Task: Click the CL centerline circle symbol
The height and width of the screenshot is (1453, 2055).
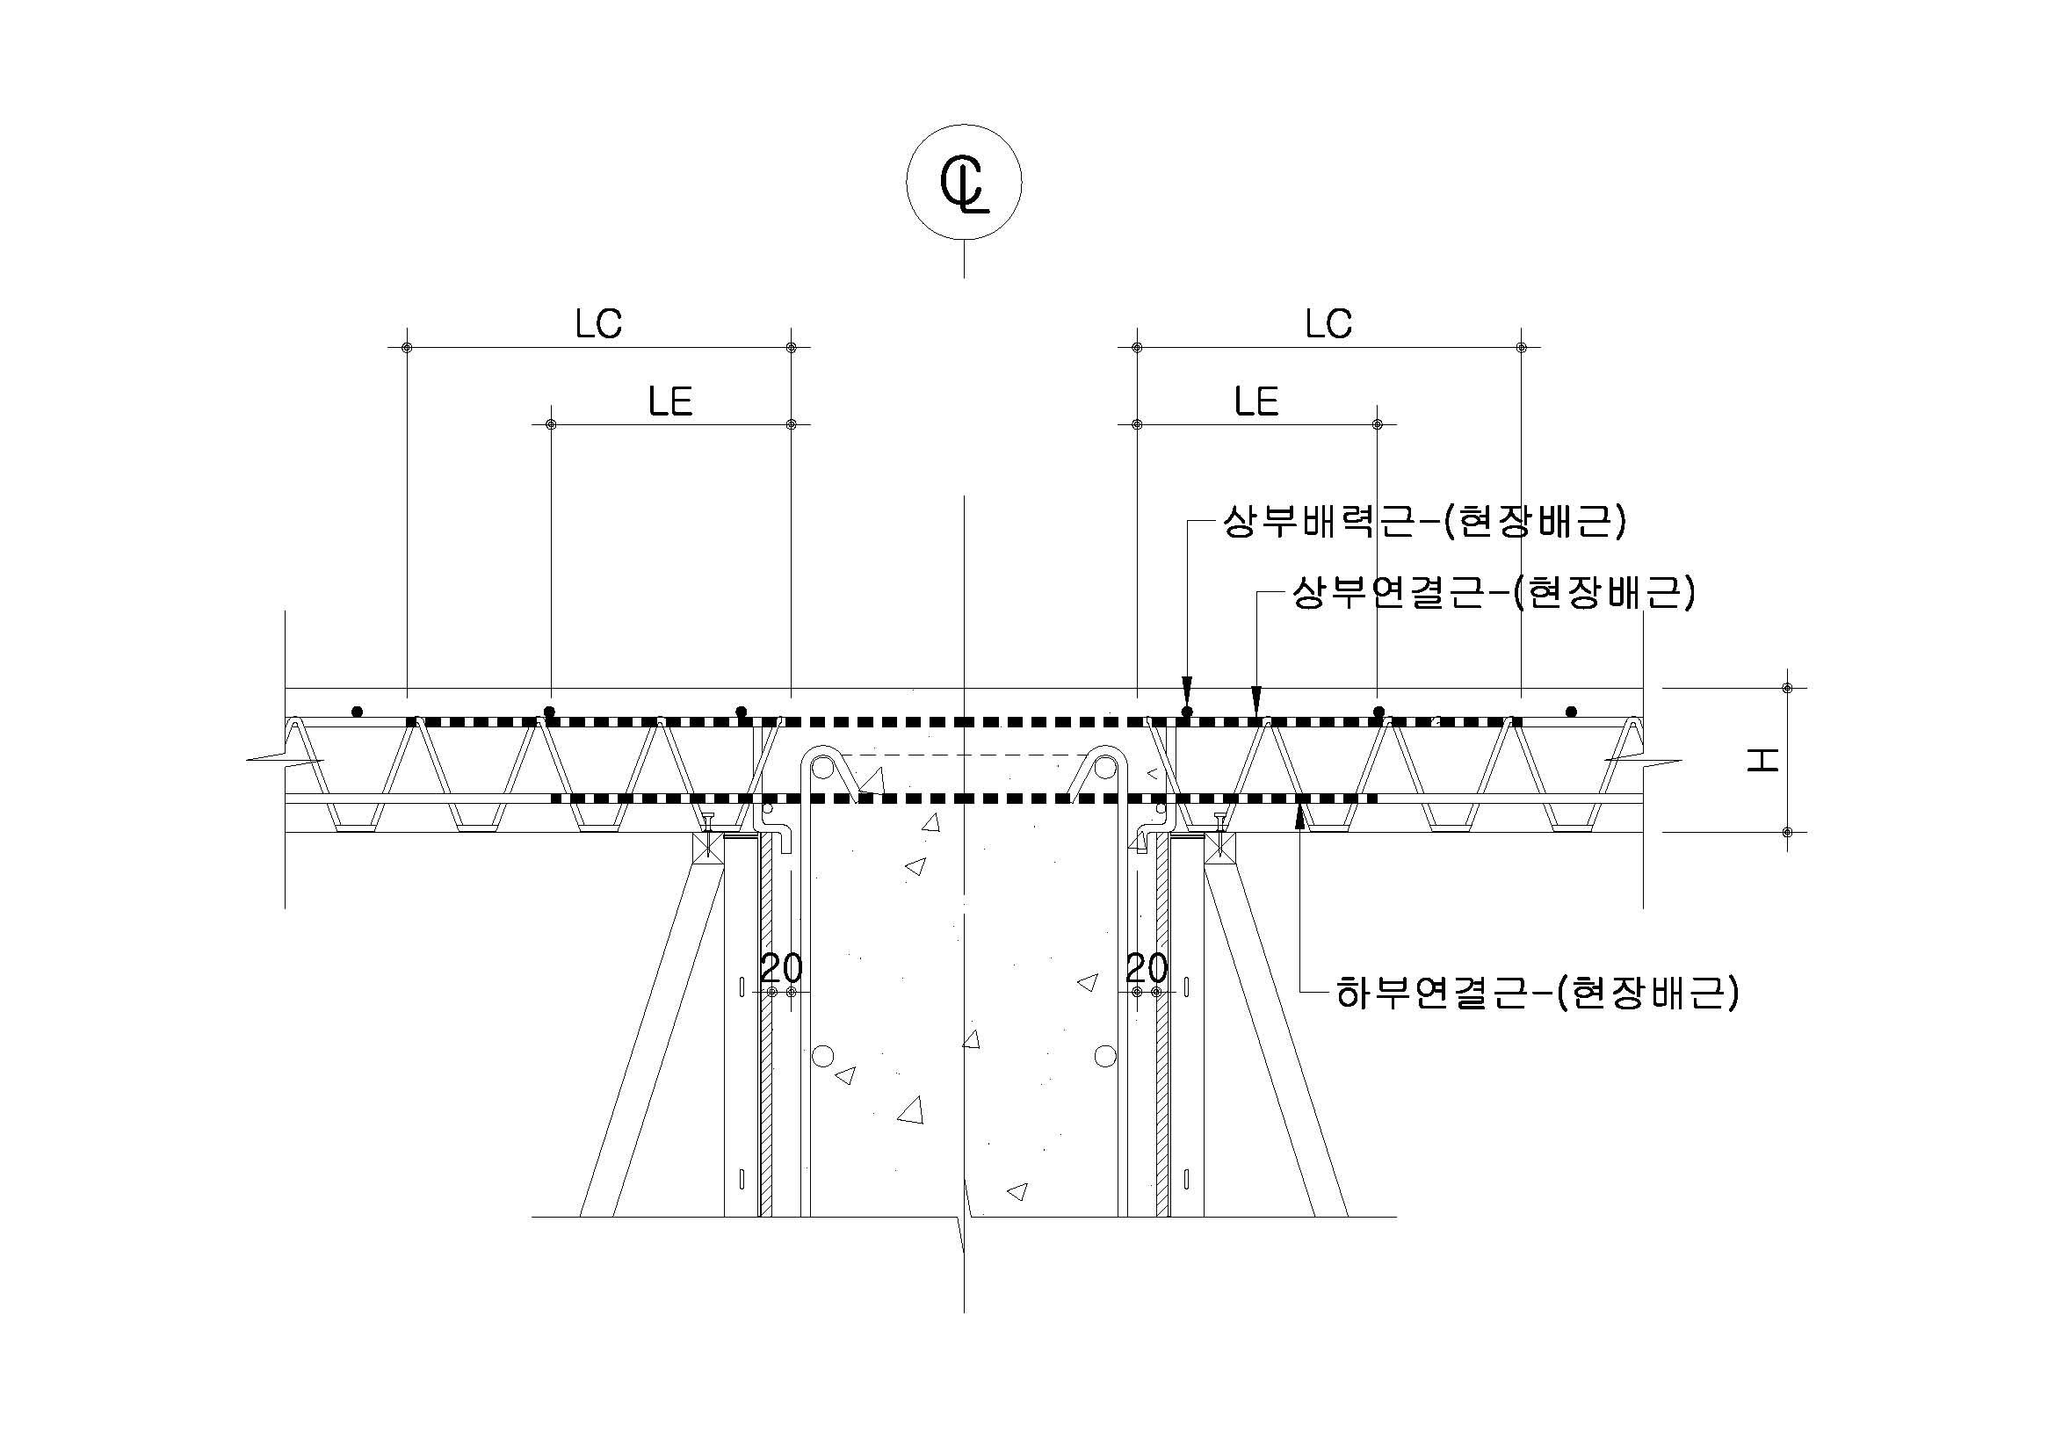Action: point(964,182)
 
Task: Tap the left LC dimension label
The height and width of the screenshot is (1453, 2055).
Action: point(598,324)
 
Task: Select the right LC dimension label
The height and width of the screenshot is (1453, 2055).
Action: point(1328,324)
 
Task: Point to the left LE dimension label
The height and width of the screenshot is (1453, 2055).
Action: point(670,401)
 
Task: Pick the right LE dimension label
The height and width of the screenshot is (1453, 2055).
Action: point(1255,401)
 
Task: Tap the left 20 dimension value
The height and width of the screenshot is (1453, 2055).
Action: point(780,968)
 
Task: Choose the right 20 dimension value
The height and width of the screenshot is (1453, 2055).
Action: point(1147,968)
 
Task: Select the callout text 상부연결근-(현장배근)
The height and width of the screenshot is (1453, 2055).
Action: point(1493,593)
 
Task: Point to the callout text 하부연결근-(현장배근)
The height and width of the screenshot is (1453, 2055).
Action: point(1537,992)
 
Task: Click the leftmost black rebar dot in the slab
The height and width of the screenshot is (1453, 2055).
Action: point(357,712)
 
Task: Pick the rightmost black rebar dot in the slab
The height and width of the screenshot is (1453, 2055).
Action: point(1571,712)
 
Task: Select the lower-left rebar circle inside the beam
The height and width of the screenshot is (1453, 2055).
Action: point(822,1056)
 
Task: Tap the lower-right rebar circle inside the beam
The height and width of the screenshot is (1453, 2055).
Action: point(1105,1056)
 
